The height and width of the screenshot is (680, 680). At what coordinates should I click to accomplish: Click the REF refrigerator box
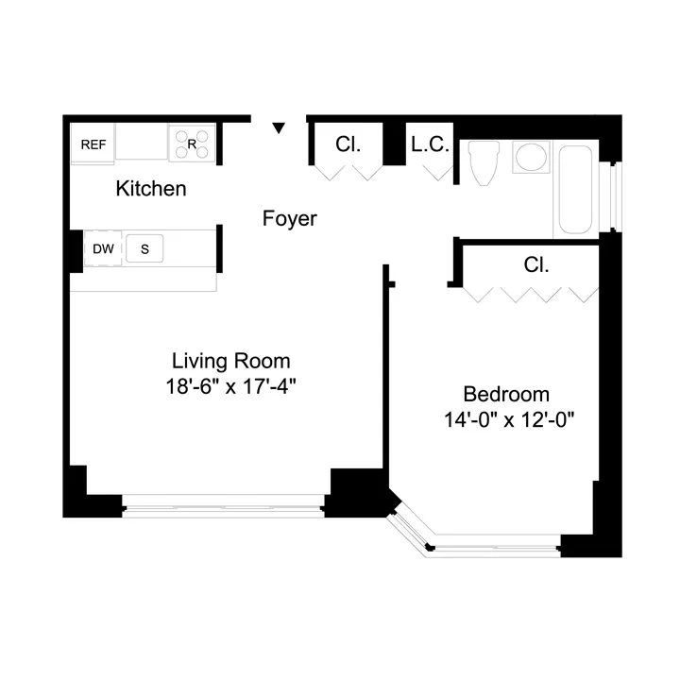click(x=93, y=144)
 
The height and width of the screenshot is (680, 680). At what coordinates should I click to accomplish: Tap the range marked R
click(x=192, y=144)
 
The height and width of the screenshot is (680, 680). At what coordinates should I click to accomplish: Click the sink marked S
click(x=144, y=249)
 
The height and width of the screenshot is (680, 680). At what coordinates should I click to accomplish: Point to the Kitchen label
click(x=150, y=189)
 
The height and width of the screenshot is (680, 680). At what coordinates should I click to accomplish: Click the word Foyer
click(x=289, y=219)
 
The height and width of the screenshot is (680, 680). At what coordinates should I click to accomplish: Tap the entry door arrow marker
click(x=279, y=127)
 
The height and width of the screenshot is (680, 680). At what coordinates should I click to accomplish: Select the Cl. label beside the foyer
click(x=348, y=144)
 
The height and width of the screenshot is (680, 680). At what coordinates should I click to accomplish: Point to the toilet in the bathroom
click(x=484, y=163)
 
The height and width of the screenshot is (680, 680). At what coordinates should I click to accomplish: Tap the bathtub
click(x=576, y=189)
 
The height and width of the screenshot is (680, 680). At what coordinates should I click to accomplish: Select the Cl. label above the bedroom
click(x=535, y=265)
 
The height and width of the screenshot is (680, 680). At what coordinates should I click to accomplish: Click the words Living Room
click(x=230, y=361)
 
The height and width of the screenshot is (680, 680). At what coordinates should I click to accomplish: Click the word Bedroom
click(x=505, y=395)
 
